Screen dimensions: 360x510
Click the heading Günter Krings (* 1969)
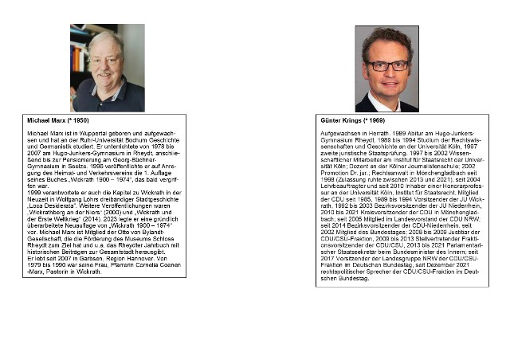(x=351, y=119)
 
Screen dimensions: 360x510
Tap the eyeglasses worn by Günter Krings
(x=387, y=65)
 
